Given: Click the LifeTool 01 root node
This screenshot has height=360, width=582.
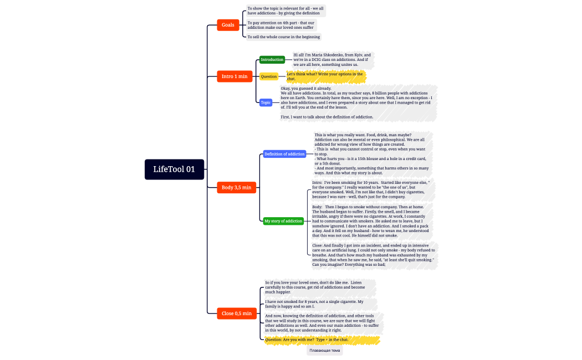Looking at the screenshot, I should click(x=174, y=169).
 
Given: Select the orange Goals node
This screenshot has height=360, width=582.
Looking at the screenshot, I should click(x=227, y=25).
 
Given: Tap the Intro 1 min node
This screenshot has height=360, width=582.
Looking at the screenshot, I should click(x=234, y=76).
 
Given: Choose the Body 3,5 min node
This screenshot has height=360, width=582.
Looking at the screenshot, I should click(x=236, y=187).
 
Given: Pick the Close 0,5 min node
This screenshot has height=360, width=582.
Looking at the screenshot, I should click(x=236, y=313).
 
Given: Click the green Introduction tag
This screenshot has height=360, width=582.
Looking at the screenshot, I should click(x=272, y=60).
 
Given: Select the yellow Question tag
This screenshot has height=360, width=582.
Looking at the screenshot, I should click(x=269, y=76).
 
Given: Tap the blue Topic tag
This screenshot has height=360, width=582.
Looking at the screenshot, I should click(x=266, y=102).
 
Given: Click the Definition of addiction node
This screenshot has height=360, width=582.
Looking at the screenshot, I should click(x=284, y=154).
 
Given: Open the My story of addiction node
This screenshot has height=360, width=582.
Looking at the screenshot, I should click(x=283, y=221).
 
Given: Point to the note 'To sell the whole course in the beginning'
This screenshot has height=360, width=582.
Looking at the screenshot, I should click(x=283, y=37).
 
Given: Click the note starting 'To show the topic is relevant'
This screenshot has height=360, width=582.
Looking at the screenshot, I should click(x=285, y=11).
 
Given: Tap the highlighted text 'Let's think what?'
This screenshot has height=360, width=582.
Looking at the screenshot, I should click(x=325, y=76).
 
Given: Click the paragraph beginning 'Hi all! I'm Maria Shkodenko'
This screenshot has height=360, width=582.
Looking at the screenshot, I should click(x=332, y=60).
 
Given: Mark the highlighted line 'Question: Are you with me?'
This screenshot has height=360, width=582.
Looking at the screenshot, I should click(x=307, y=340).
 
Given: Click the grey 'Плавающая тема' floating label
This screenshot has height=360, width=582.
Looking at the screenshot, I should click(x=325, y=351).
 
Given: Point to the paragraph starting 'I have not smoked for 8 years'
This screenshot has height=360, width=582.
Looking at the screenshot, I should click(x=314, y=304).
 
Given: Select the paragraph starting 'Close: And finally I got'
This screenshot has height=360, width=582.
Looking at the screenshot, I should click(x=373, y=255).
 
